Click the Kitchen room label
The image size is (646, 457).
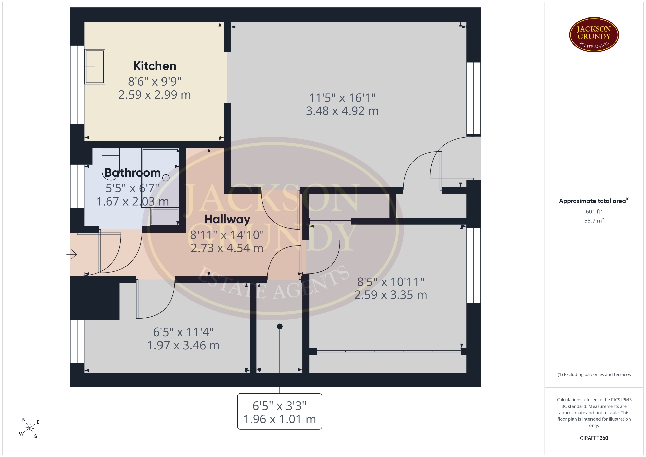[x=155, y=66]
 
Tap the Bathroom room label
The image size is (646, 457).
[x=133, y=173]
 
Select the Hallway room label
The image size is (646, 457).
[x=227, y=220]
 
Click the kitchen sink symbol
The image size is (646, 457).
[x=95, y=67]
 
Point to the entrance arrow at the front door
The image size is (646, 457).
[x=72, y=254]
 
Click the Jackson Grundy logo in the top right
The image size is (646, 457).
[x=594, y=35]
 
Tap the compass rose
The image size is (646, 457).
[x=30, y=428]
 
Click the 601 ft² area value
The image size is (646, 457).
[x=594, y=211]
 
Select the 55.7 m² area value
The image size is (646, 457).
[x=594, y=221]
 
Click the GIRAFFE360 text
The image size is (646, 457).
[x=594, y=438]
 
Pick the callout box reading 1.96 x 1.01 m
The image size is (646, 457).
[x=280, y=412]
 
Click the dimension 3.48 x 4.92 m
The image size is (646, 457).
[x=342, y=111]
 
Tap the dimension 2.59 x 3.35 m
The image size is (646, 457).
[x=391, y=295]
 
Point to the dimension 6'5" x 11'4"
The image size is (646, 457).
[x=183, y=332]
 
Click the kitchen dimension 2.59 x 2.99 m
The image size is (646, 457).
[x=155, y=95]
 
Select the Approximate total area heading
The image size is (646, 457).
[x=594, y=201]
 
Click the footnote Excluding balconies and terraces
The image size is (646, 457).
[x=594, y=374]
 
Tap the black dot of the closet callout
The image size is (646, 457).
[x=280, y=326]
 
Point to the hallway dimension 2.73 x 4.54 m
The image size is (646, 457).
[x=227, y=248]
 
